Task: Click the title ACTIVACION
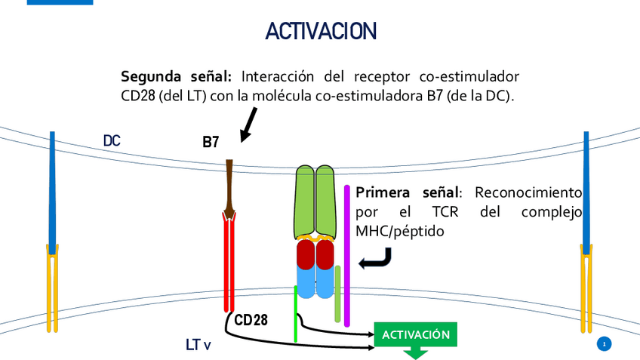pyautogui.click(x=321, y=31)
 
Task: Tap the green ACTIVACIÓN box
pyautogui.click(x=416, y=334)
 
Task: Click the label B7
pyautogui.click(x=211, y=142)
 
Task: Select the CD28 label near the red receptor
pyautogui.click(x=251, y=320)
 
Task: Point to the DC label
pyautogui.click(x=112, y=140)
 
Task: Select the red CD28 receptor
pyautogui.click(x=229, y=264)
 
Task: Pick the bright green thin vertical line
pyautogui.click(x=296, y=313)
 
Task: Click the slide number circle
pyautogui.click(x=603, y=345)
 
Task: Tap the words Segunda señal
pyautogui.click(x=178, y=78)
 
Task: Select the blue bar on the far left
pyautogui.click(x=52, y=189)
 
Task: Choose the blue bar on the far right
pyautogui.click(x=586, y=189)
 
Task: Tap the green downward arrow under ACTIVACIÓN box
pyautogui.click(x=416, y=353)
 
